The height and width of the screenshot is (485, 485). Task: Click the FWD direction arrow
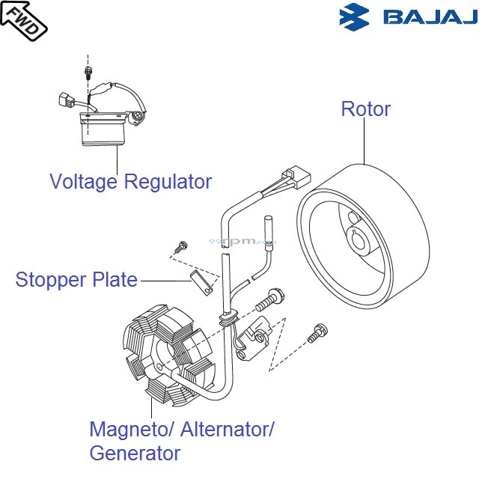coord(23,19)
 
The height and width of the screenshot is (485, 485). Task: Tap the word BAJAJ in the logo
coord(430,17)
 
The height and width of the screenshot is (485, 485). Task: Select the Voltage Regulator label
coord(130,181)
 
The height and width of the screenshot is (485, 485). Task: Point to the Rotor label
coord(365,109)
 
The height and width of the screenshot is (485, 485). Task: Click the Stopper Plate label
coord(76,280)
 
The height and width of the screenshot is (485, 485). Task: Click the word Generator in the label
coord(135,453)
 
